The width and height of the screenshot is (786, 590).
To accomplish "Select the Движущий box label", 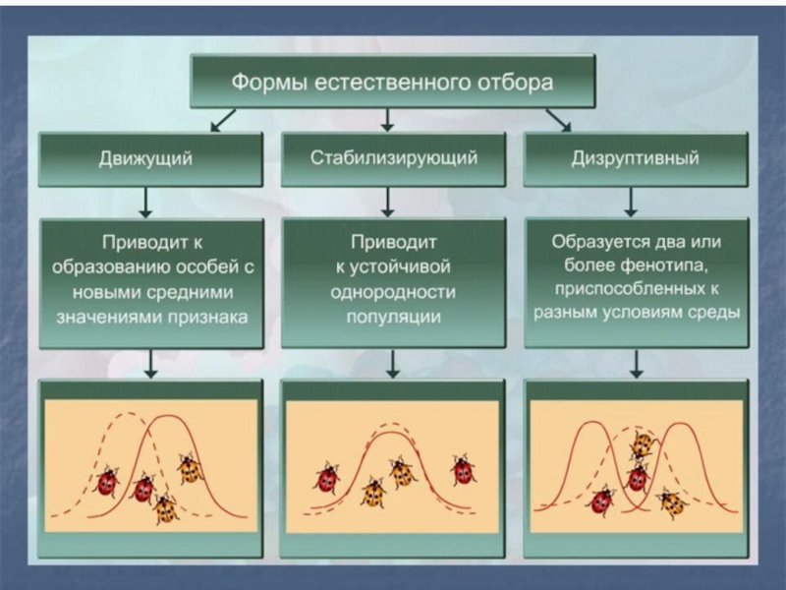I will click(145, 157).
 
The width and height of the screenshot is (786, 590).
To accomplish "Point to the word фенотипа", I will click(683, 265).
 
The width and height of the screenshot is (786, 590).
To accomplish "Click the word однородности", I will click(394, 292).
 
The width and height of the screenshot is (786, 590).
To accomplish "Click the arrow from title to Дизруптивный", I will click(557, 120).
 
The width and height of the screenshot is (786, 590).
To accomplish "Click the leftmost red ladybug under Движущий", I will click(107, 482).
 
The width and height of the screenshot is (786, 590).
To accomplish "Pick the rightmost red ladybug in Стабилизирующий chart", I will click(462, 470).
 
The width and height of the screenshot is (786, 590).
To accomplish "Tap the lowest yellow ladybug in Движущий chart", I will click(165, 508).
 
